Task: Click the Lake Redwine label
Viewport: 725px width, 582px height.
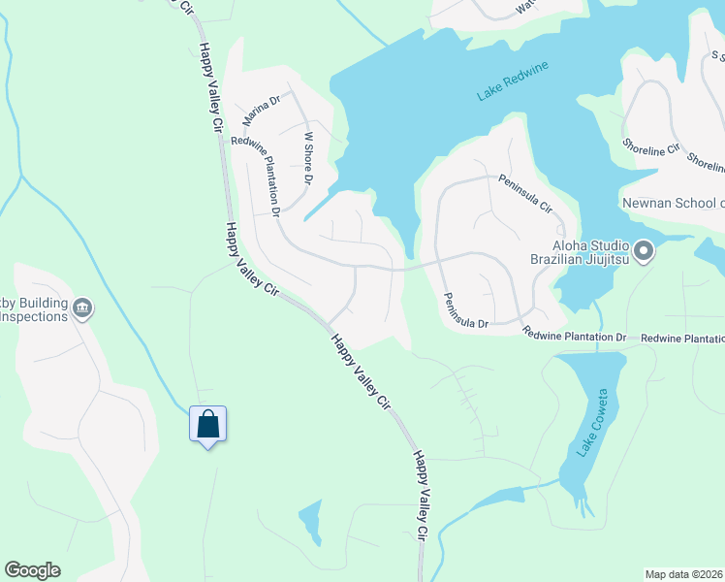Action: click(x=514, y=81)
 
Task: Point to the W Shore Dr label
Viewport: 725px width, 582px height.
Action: click(x=309, y=159)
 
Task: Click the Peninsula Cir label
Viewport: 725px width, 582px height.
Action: click(x=525, y=194)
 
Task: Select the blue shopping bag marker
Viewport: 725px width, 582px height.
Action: click(x=207, y=425)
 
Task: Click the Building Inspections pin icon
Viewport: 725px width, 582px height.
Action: click(x=82, y=308)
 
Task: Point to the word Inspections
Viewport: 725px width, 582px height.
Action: click(x=35, y=317)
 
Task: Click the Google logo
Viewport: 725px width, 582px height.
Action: click(x=33, y=570)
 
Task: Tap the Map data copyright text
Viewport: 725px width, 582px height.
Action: click(x=684, y=574)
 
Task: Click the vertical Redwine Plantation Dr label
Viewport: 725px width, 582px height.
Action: click(x=257, y=176)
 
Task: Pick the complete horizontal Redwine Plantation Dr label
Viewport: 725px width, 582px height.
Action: click(x=575, y=336)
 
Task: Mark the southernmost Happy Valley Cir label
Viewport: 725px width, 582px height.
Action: click(x=421, y=495)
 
